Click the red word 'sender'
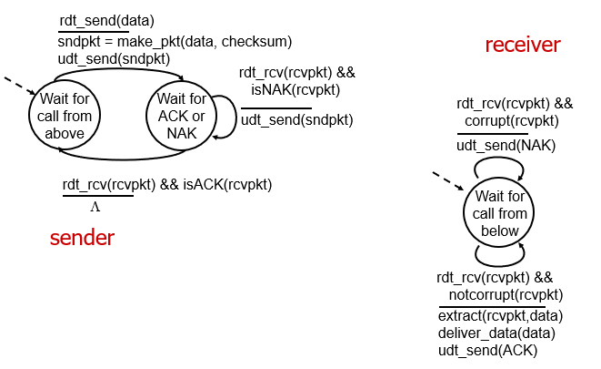pos(82,239)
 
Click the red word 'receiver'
pos(523,45)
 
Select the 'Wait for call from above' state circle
pos(65,116)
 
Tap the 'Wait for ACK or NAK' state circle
pos(182,116)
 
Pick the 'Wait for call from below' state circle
pos(500,214)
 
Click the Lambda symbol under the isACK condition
pos(95,206)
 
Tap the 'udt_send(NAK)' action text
pos(506,146)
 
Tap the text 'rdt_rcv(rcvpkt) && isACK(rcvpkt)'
pos(167,185)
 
